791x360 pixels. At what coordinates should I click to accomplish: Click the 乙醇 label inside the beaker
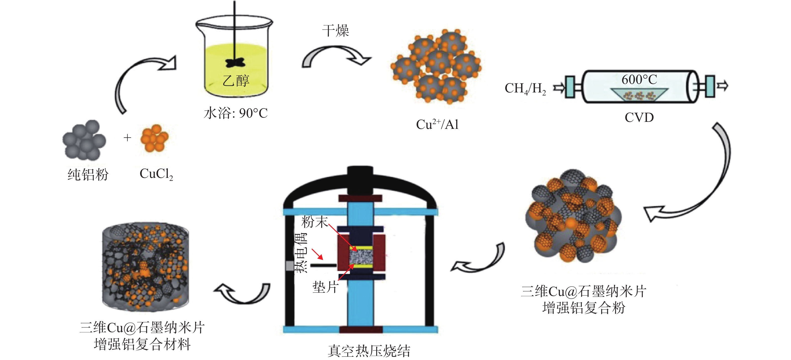[x=236, y=80]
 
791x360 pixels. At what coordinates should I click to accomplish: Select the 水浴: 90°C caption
[x=236, y=113]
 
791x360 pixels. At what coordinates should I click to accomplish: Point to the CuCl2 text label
[x=156, y=174]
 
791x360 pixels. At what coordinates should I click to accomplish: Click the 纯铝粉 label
[x=88, y=174]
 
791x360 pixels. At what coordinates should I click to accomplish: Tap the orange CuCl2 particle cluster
[x=154, y=138]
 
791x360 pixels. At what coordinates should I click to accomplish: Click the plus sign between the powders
[x=127, y=138]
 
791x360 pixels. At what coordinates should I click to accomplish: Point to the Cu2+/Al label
[x=437, y=124]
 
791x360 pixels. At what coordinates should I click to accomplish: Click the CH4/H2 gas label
[x=525, y=89]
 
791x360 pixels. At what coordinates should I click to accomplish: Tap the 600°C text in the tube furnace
[x=639, y=80]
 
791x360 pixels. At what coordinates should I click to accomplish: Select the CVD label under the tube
[x=639, y=117]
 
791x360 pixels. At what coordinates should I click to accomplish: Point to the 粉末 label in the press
[x=315, y=222]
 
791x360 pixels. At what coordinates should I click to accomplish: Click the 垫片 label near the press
[x=326, y=287]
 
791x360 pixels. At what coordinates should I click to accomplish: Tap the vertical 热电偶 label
[x=301, y=252]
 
